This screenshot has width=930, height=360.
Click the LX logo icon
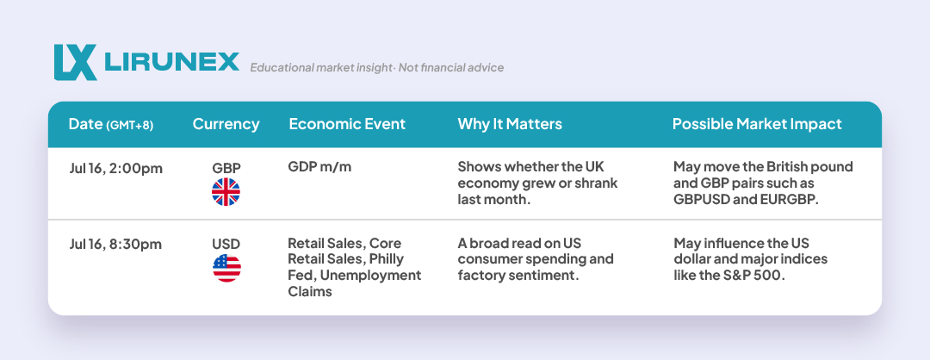coord(75,62)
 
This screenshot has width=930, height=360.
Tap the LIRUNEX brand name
coord(171,62)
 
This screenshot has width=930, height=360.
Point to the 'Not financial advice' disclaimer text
coord(450,68)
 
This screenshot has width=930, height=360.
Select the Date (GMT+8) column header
coord(111,124)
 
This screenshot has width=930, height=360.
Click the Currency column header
coord(226,124)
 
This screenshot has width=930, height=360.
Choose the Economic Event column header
coord(347,124)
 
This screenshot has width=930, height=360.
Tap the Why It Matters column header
coord(510,124)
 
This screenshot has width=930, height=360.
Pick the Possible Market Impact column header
coord(757,124)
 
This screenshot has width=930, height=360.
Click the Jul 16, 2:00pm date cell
coord(115,169)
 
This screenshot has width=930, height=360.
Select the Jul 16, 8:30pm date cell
coord(115,245)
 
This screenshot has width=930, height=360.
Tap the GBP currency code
coord(226,169)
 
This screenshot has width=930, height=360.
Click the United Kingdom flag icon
coord(226,192)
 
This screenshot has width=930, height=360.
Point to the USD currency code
coord(226,245)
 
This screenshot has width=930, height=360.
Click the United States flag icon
coord(226,268)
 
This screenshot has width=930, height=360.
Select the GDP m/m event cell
coord(319,167)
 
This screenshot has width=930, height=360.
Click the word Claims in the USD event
coord(310,292)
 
